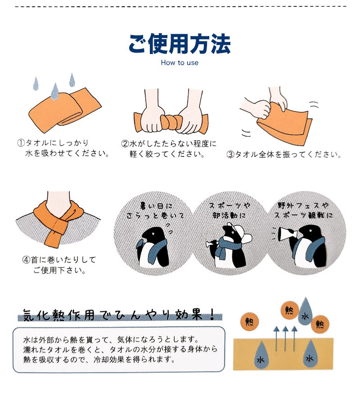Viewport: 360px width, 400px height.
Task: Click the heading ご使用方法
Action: [180, 44]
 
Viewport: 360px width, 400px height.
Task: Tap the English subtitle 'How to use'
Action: [180, 63]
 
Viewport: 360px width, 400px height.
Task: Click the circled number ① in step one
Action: [21, 143]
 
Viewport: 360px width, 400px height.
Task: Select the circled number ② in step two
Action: [125, 144]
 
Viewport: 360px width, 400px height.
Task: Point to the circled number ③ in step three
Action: [230, 155]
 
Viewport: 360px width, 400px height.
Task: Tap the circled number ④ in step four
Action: [26, 260]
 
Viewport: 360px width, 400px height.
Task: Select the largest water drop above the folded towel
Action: [55, 92]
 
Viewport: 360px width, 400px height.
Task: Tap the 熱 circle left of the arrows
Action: [250, 322]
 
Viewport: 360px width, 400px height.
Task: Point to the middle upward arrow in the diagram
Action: [285, 338]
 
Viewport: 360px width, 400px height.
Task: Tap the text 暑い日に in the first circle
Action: [156, 205]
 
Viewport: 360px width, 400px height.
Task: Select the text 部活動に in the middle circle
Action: [229, 215]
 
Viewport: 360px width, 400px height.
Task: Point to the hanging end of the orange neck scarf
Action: [52, 238]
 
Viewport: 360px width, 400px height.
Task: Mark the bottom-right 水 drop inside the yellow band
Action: [310, 355]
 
